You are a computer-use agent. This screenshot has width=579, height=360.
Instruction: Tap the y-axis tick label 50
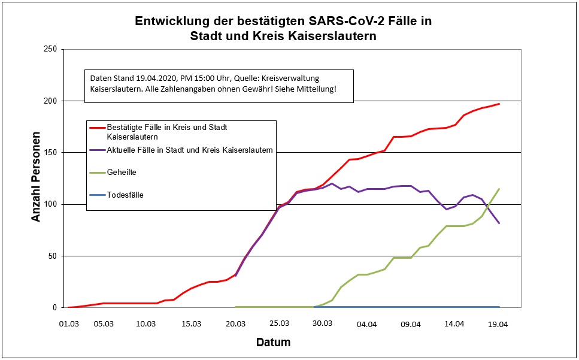[51, 256]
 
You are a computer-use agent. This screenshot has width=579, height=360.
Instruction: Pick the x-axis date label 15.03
[191, 324]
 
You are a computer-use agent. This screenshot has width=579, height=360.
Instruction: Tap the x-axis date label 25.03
[279, 324]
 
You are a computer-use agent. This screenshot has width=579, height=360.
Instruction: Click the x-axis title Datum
[273, 343]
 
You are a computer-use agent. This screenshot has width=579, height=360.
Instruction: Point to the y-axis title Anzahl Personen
[37, 177]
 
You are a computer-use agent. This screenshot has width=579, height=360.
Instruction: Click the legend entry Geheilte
[122, 173]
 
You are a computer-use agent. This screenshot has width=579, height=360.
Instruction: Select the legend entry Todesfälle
[125, 195]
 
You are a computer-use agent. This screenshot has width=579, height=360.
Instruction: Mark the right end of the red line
[499, 104]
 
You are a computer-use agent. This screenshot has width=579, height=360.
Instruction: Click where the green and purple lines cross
[489, 206]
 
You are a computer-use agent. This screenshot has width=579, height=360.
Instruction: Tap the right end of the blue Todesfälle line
[499, 307]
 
